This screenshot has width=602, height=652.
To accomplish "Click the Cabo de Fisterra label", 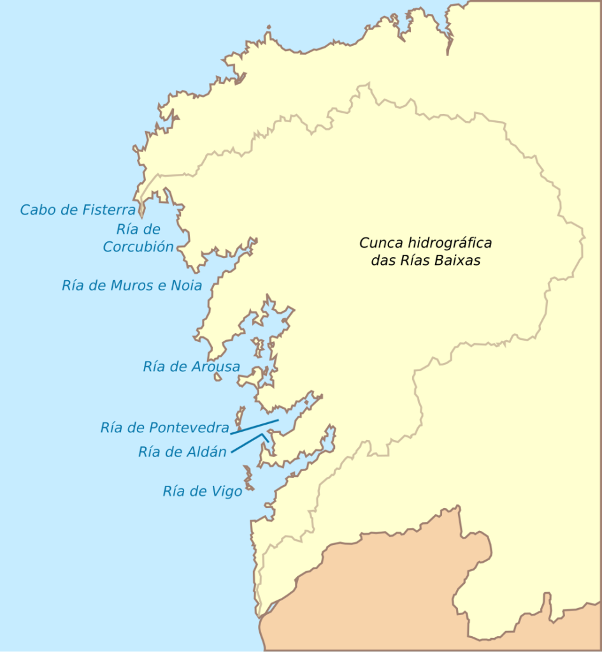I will [x=78, y=209].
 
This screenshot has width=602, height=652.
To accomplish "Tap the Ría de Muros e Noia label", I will [x=132, y=285].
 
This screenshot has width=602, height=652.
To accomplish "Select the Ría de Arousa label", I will [x=191, y=366].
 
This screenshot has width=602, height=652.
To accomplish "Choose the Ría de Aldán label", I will [x=182, y=452].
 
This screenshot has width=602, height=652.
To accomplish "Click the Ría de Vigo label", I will [x=203, y=491].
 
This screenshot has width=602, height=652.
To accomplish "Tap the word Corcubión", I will [x=138, y=247].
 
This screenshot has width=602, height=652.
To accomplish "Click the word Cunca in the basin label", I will [x=380, y=243].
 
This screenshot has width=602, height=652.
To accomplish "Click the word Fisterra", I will [x=109, y=209].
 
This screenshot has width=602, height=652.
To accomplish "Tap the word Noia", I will [x=186, y=285].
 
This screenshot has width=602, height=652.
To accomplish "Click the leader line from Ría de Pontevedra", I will [x=255, y=426].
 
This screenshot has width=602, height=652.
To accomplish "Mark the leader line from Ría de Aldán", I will [x=247, y=443].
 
